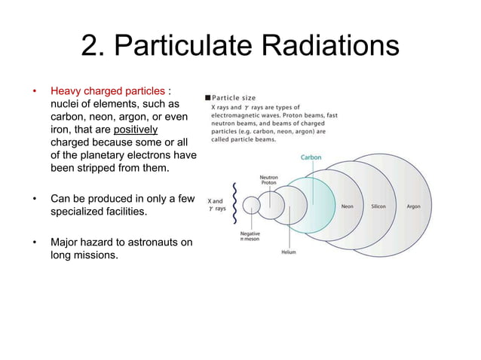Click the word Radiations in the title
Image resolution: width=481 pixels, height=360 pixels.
(x=329, y=46)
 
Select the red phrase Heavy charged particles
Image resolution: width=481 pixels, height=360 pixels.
(x=107, y=91)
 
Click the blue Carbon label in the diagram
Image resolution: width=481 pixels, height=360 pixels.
(x=311, y=157)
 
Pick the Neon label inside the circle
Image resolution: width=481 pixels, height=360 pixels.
(x=348, y=206)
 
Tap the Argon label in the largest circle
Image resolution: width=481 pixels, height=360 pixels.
(x=413, y=206)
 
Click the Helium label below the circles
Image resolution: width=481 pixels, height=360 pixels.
(x=289, y=252)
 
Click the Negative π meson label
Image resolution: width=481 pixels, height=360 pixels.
(x=250, y=237)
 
